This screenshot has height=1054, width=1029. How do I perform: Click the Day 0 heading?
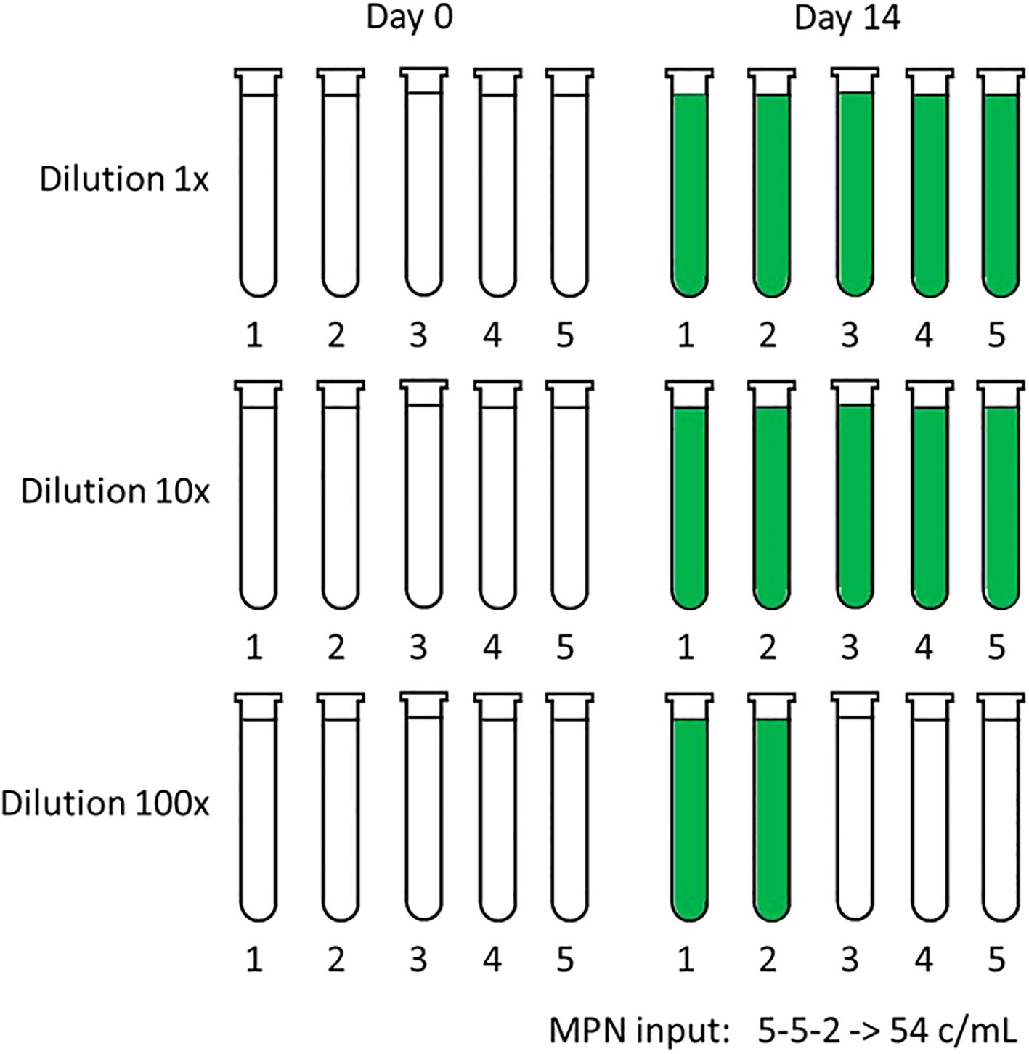[409, 17]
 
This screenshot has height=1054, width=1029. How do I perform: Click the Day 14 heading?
[847, 17]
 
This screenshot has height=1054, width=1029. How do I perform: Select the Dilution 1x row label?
[124, 179]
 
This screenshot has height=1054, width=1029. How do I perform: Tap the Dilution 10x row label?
[115, 491]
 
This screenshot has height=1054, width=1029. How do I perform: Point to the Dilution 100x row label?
[105, 804]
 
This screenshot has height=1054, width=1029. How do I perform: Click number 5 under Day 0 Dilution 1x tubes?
[565, 335]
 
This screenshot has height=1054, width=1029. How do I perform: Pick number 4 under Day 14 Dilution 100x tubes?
[924, 960]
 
